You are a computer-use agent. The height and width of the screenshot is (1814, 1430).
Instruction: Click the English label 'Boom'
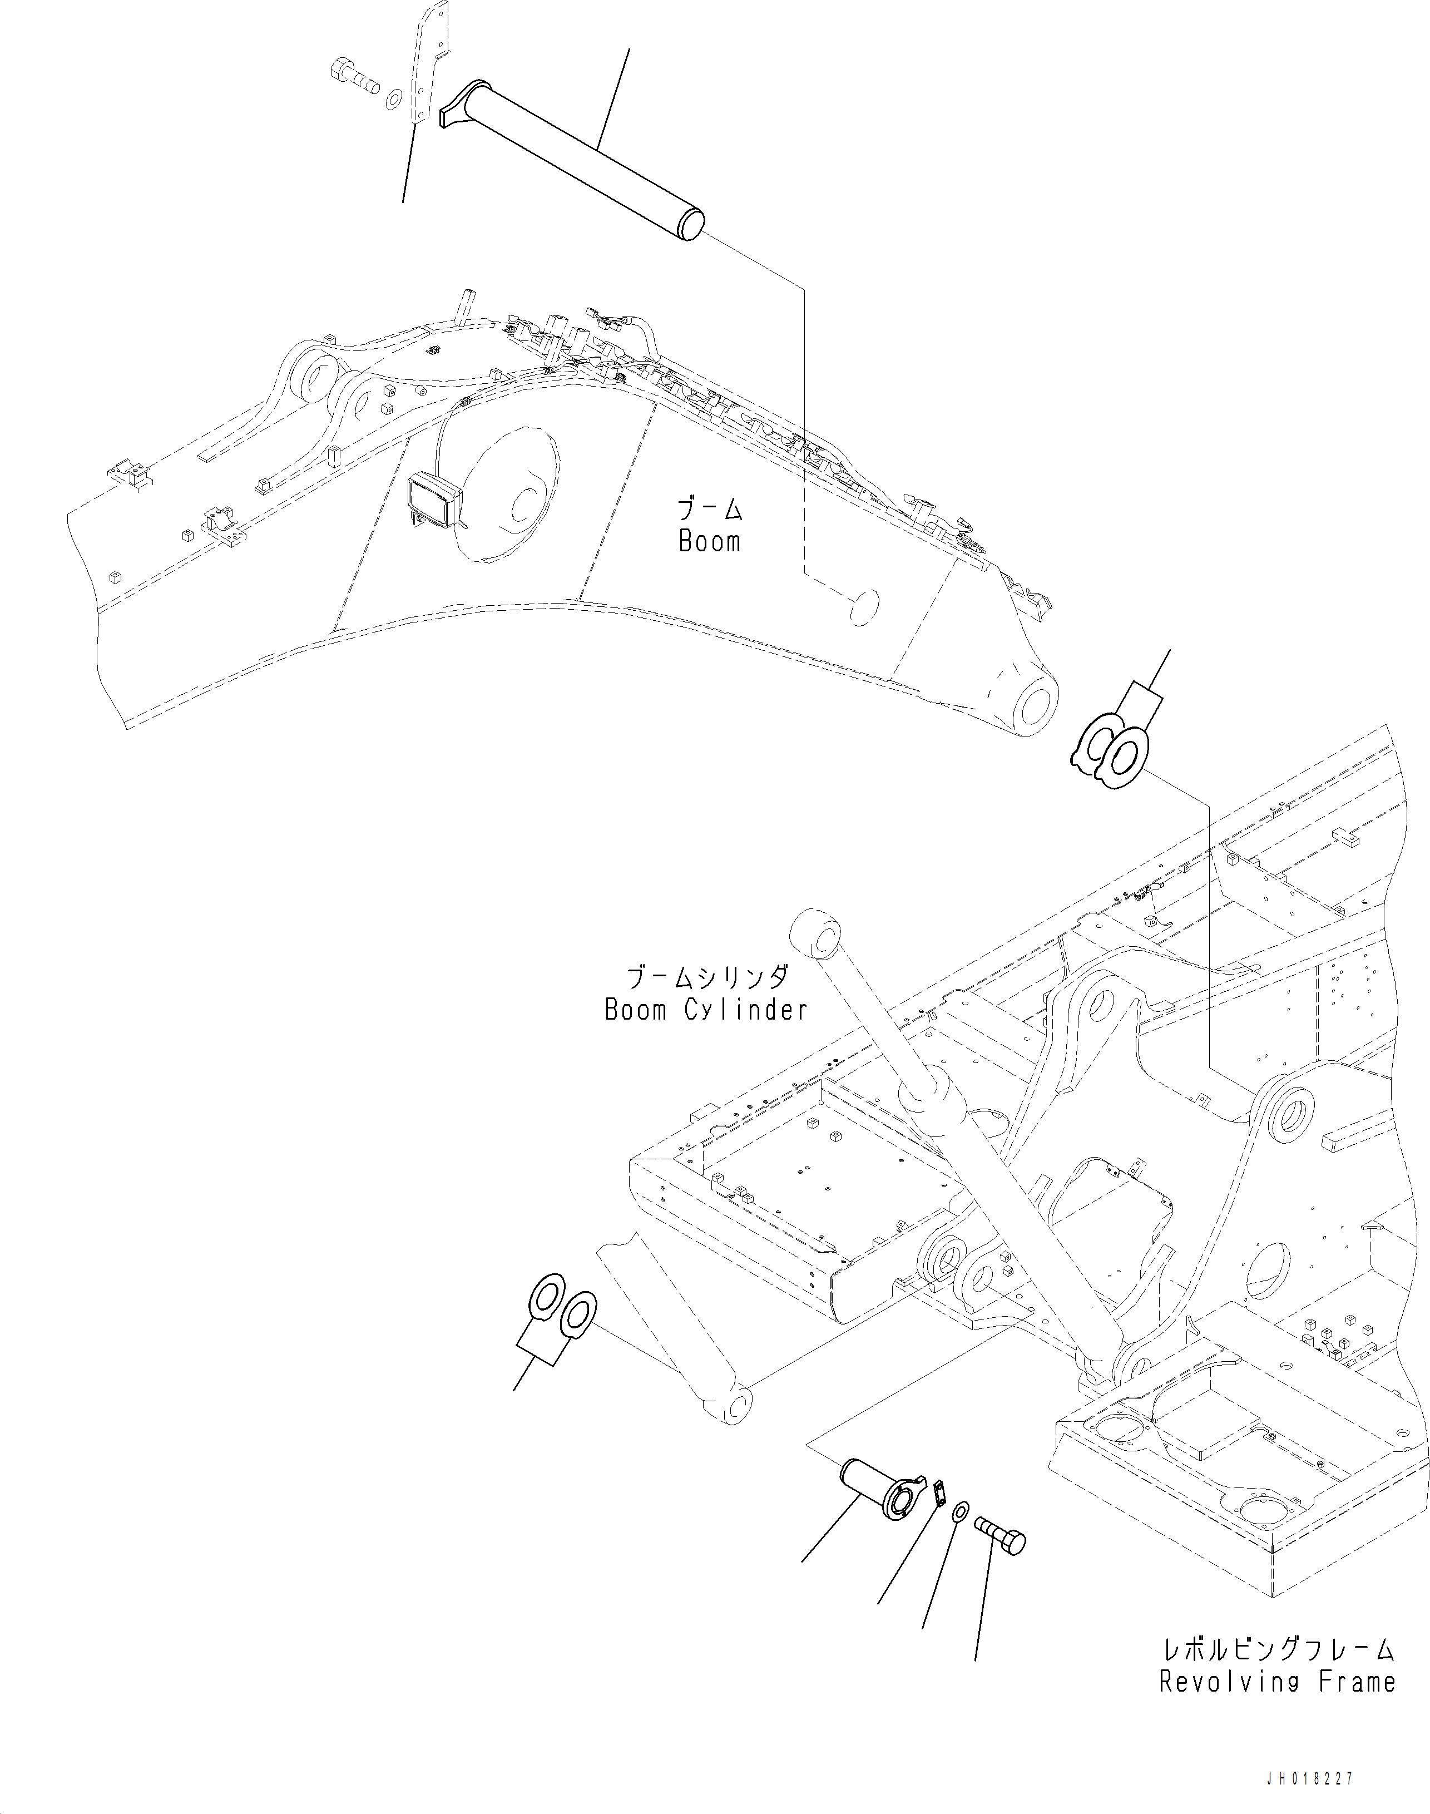(x=709, y=542)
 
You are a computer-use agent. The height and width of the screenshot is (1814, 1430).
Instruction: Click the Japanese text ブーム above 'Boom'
(x=709, y=508)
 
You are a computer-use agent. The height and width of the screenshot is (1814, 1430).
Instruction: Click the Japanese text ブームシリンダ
(x=706, y=977)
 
